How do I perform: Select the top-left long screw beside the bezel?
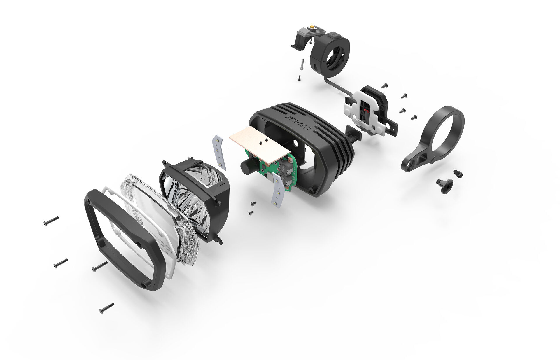(x=51, y=221)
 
